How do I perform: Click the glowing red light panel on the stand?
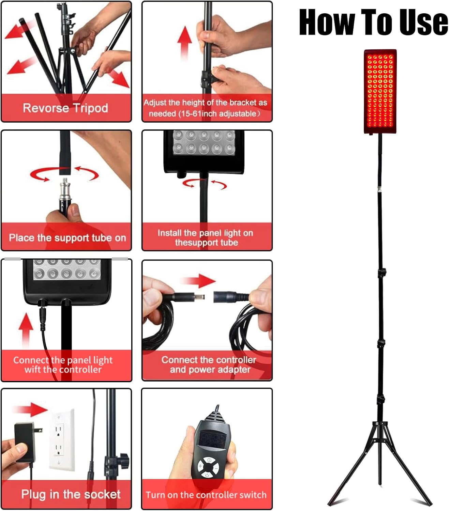click(380, 91)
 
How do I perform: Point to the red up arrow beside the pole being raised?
click(184, 43)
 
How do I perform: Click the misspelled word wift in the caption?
click(33, 370)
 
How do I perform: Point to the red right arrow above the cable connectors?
click(198, 281)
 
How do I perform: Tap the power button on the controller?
click(207, 476)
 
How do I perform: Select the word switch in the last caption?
click(253, 495)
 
